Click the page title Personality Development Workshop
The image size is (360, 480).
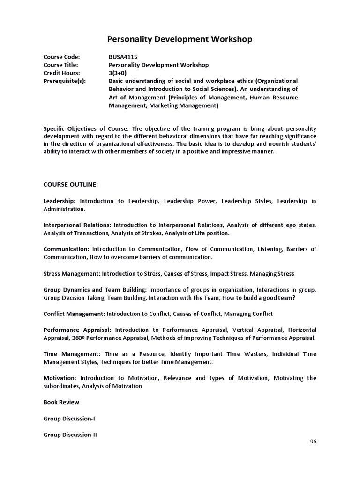click(x=180, y=39)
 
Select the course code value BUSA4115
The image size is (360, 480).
click(x=123, y=57)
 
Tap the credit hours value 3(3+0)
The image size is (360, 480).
click(x=117, y=73)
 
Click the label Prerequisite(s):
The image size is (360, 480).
click(x=65, y=81)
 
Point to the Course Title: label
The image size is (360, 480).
click(x=61, y=65)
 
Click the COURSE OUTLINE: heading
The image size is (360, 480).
click(x=71, y=184)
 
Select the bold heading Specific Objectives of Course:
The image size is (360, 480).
click(x=87, y=128)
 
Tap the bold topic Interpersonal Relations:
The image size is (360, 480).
click(x=77, y=225)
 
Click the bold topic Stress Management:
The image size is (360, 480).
click(x=72, y=273)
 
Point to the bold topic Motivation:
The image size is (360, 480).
click(x=60, y=378)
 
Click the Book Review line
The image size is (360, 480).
click(x=61, y=402)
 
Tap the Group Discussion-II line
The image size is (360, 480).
click(x=70, y=435)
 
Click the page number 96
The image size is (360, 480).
click(x=313, y=442)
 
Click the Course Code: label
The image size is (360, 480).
click(x=61, y=57)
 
